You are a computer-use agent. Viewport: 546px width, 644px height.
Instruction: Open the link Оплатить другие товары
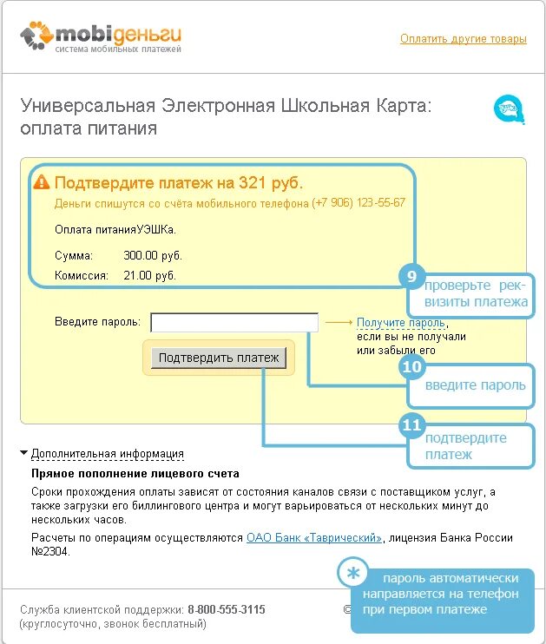click(x=463, y=39)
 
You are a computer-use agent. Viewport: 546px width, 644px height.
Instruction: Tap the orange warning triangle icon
click(x=41, y=182)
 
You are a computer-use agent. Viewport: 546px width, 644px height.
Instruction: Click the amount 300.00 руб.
click(x=153, y=256)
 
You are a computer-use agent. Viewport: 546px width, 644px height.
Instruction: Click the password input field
click(x=234, y=322)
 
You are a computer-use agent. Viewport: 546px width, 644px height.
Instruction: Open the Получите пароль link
click(x=400, y=322)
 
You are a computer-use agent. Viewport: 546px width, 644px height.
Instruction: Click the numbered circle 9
click(x=411, y=278)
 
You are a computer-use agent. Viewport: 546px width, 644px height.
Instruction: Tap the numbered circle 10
click(x=411, y=367)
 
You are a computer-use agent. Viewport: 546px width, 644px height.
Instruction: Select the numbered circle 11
click(x=411, y=425)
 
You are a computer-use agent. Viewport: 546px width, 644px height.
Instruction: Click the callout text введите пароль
click(x=476, y=384)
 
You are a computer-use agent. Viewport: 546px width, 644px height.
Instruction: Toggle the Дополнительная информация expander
click(x=107, y=453)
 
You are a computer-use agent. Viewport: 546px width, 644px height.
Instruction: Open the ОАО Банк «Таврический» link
click(x=314, y=538)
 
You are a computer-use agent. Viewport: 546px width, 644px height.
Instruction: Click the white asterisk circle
click(x=352, y=574)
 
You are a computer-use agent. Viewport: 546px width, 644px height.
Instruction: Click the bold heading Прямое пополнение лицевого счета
click(x=135, y=474)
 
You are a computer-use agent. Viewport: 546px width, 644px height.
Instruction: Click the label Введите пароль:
click(x=96, y=322)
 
